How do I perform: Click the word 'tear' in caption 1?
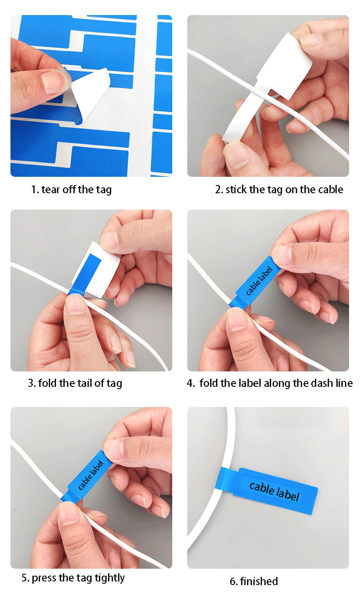tap(51, 190)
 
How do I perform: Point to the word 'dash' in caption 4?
tap(322, 383)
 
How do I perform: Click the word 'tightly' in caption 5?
tap(110, 578)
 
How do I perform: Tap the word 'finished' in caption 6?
tap(259, 581)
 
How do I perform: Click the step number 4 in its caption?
tap(190, 383)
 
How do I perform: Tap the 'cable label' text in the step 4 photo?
tap(259, 281)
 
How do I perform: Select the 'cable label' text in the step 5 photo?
tap(91, 475)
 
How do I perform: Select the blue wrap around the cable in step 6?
tap(224, 479)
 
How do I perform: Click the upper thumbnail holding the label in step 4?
tap(282, 255)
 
